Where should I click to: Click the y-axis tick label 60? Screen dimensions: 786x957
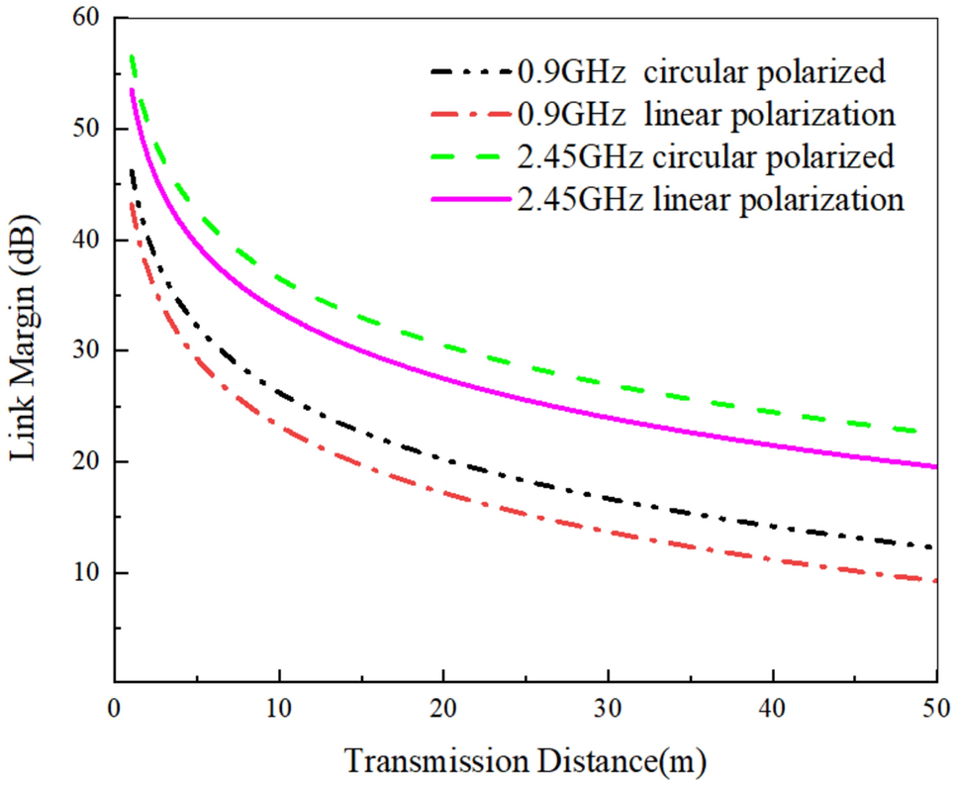84,19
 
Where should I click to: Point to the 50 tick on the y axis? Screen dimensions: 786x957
84,130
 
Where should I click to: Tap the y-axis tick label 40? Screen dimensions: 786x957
84,241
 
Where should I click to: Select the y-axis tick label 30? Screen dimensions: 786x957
84,351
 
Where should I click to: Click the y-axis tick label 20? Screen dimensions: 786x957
84,462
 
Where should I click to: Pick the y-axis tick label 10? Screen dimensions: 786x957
84,573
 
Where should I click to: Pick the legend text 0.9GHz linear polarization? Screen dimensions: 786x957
707,114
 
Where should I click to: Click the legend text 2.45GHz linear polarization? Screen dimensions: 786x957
711,199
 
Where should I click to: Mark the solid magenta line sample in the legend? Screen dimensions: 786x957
471,200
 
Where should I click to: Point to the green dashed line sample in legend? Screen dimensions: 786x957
471,157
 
